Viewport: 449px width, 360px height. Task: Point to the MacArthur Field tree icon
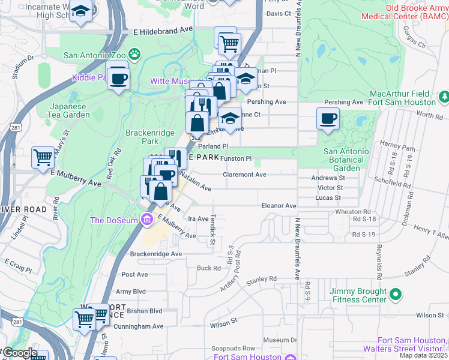444,95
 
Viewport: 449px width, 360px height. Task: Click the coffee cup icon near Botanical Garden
328,118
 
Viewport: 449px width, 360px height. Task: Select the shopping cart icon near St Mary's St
43,158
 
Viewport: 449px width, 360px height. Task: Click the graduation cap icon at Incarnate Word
80,11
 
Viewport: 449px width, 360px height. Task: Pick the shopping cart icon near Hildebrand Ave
228,43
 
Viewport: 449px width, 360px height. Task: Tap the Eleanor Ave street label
279,205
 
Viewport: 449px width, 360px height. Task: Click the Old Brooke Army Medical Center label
405,12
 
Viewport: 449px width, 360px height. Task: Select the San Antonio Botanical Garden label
346,160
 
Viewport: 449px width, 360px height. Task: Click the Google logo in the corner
19,353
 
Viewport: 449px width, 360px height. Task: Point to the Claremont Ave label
244,175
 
